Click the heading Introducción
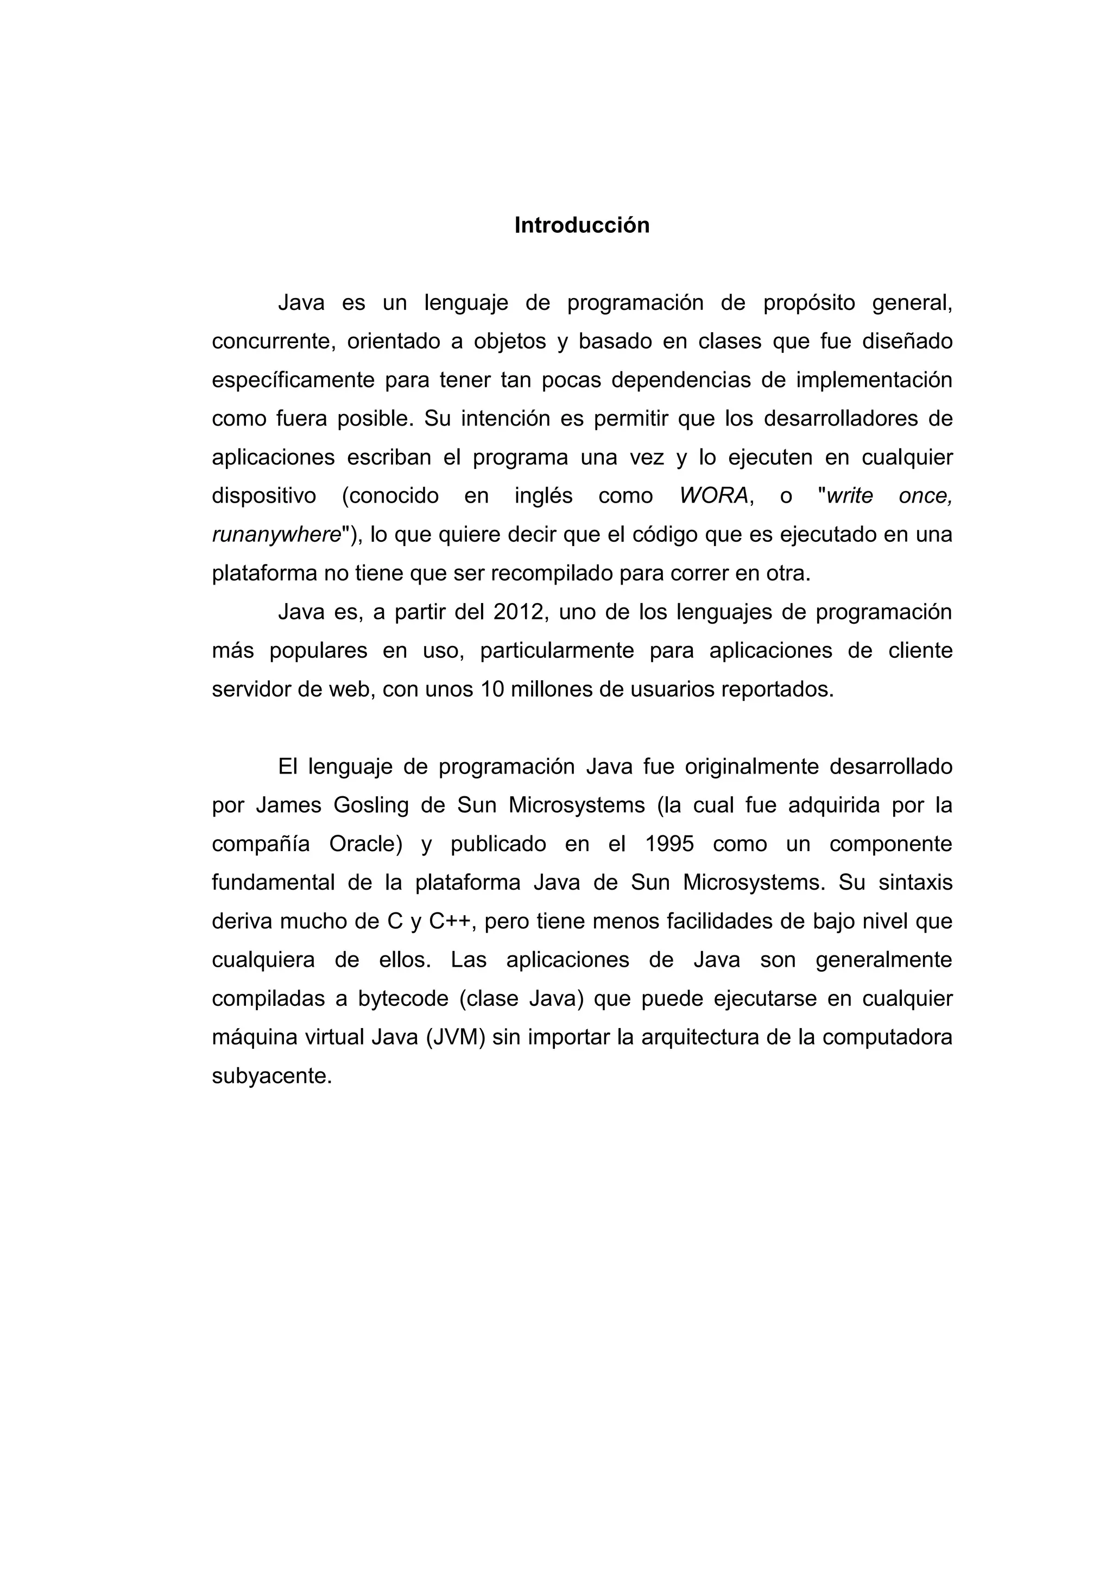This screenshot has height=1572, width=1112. pyautogui.click(x=582, y=225)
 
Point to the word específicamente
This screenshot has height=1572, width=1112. pyautogui.click(x=293, y=380)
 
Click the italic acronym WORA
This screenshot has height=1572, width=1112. pyautogui.click(x=713, y=496)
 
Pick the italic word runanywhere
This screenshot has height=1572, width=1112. pyautogui.click(x=276, y=534)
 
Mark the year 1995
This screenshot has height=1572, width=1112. pyautogui.click(x=669, y=844)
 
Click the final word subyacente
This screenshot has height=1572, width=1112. pyautogui.click(x=272, y=1076)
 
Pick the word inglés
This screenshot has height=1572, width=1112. pyautogui.click(x=543, y=496)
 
